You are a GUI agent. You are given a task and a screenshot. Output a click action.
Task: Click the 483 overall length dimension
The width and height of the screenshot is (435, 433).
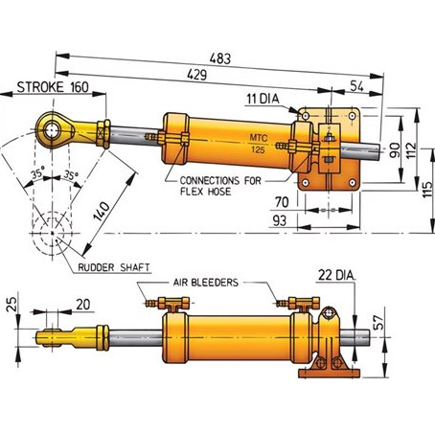click(x=220, y=58)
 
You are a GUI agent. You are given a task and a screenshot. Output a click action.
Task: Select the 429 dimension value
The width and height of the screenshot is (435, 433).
click(x=196, y=75)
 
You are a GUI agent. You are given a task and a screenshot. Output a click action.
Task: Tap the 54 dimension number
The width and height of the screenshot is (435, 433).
click(x=356, y=86)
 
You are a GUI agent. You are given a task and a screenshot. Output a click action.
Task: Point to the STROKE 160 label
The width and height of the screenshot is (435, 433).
click(x=53, y=87)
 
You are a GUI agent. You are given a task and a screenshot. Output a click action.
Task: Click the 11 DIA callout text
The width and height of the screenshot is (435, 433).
click(x=263, y=99)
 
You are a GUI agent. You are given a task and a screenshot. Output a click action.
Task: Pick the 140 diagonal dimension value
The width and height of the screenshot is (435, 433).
click(x=102, y=211)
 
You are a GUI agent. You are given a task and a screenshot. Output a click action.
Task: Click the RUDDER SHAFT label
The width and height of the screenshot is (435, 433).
click(x=114, y=267)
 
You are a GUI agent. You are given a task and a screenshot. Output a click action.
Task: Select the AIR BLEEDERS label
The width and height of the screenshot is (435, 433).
click(x=206, y=283)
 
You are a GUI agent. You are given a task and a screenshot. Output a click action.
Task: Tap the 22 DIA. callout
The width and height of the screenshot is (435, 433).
click(x=337, y=275)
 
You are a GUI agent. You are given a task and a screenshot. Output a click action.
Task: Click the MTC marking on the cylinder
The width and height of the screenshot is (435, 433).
click(x=259, y=138)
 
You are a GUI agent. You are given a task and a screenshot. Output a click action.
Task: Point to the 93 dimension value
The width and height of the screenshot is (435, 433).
click(x=280, y=220)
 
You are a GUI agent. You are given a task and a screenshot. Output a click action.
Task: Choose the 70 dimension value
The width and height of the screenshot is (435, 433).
click(x=282, y=202)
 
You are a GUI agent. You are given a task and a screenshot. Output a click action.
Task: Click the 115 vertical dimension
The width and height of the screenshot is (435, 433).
click(x=427, y=190)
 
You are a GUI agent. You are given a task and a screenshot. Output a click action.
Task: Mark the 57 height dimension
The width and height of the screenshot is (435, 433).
click(x=378, y=323)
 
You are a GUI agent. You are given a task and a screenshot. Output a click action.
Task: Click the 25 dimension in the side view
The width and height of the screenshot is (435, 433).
click(x=11, y=305)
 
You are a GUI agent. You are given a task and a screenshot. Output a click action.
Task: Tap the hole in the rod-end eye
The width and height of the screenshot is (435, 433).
click(x=52, y=130)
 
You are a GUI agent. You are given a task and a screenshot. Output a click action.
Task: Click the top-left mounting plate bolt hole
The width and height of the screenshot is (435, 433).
click(x=306, y=115)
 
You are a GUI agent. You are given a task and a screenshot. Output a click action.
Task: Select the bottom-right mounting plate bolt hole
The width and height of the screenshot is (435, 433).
click(x=353, y=183)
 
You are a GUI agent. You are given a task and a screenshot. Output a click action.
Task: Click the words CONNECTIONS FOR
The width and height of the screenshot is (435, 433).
click(x=220, y=181)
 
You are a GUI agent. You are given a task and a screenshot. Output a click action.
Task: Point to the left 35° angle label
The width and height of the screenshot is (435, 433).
click(x=36, y=174)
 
